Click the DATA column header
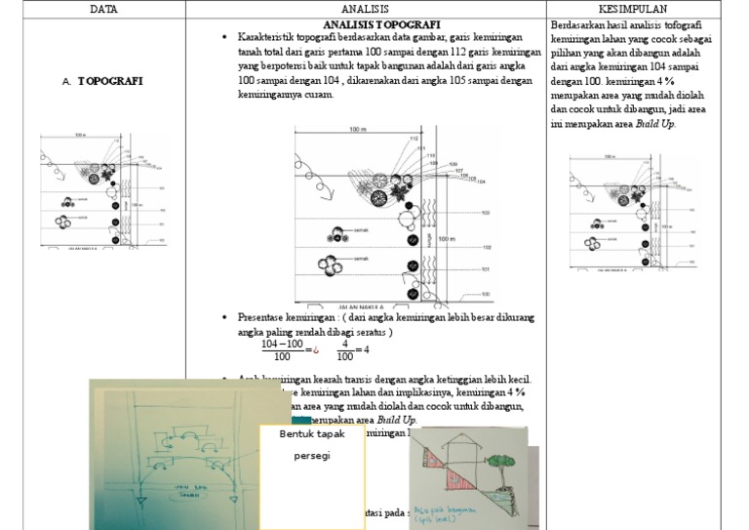(x=98, y=9)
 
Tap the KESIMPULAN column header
(x=634, y=9)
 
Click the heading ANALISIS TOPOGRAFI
(x=380, y=23)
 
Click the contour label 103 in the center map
(x=485, y=212)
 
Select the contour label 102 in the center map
(x=485, y=247)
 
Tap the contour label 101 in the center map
(x=485, y=269)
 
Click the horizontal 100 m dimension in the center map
(x=357, y=130)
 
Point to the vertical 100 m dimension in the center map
(x=446, y=238)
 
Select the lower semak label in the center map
(x=359, y=259)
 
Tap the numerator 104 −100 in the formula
(x=283, y=344)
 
